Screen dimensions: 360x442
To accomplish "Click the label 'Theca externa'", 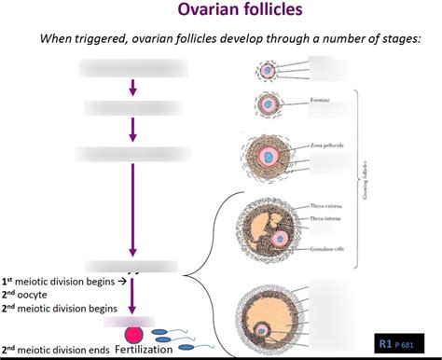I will (x=323, y=205).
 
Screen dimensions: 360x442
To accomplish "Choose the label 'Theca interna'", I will (x=323, y=216).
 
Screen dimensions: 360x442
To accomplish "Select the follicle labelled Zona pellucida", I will (x=269, y=158).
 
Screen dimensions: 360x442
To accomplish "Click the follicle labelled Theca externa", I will (x=269, y=224).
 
